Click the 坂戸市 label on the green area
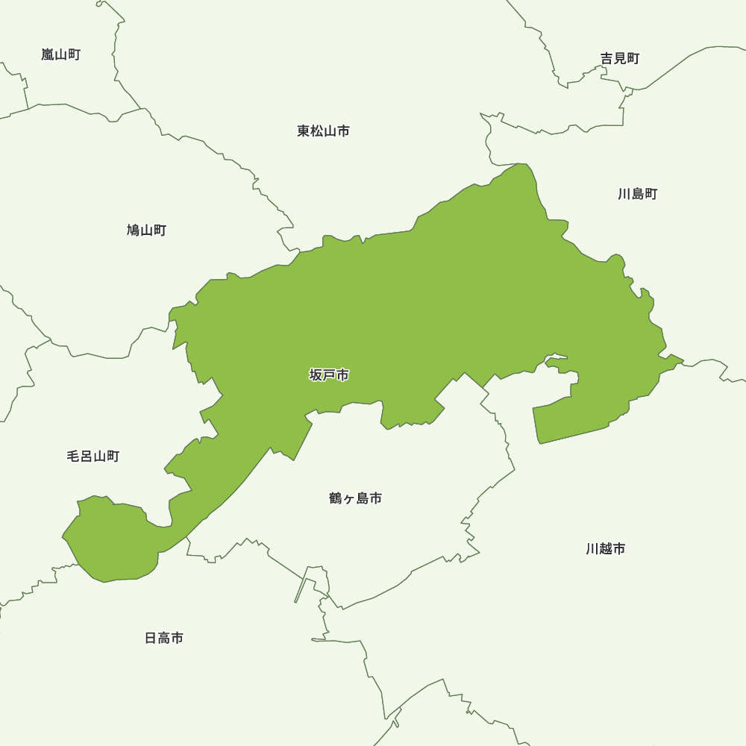pos(329,375)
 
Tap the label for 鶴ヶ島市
pos(355,498)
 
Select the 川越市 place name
pos(606,549)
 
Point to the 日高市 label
pos(163,639)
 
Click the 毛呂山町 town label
pos(93,457)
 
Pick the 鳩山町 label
pos(146,231)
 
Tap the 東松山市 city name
pos(323,131)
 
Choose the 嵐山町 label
pos(60,54)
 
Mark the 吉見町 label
pos(620,59)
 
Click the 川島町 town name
pos(638,195)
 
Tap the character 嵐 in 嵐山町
pos(48,54)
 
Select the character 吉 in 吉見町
pos(607,59)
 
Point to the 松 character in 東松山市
pos(316,131)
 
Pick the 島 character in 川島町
pos(638,195)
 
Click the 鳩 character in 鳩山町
pos(134,231)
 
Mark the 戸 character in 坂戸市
pos(329,375)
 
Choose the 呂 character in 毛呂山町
pos(86,457)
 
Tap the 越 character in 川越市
pos(606,549)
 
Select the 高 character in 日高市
pos(163,639)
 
